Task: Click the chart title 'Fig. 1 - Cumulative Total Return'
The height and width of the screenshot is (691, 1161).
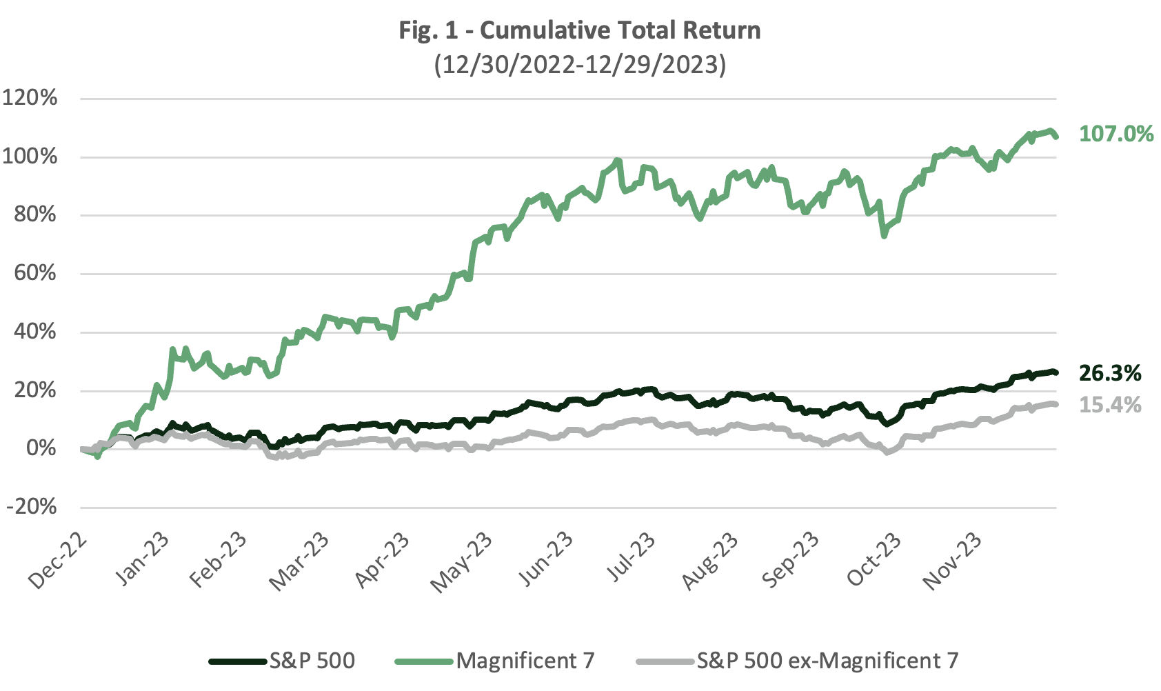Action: (x=580, y=30)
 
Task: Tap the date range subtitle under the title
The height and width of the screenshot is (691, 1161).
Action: (x=580, y=65)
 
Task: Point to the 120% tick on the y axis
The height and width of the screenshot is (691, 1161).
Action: (x=30, y=98)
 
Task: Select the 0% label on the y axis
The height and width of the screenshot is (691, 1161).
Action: (x=41, y=449)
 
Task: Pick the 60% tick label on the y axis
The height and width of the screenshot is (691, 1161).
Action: (x=34, y=273)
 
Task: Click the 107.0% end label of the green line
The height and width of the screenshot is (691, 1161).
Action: (x=1115, y=134)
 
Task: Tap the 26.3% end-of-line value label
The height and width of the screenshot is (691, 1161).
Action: (x=1110, y=374)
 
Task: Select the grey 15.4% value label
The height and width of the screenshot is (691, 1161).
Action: (x=1110, y=405)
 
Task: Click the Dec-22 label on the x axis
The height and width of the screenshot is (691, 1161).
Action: (x=59, y=560)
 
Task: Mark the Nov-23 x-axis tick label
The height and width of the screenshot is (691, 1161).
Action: (x=954, y=560)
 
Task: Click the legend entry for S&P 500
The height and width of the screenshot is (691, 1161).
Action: (x=312, y=661)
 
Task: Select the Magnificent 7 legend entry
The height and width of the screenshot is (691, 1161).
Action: (x=525, y=661)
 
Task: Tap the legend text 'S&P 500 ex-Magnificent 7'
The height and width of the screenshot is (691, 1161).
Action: (x=827, y=661)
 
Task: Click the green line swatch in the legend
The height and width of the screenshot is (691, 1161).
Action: (x=424, y=661)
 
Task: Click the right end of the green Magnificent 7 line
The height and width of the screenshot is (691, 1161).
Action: (x=1056, y=137)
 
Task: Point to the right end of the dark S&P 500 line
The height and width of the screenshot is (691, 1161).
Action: (x=1056, y=373)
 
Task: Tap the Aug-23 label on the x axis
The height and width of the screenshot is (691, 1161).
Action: (x=711, y=560)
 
